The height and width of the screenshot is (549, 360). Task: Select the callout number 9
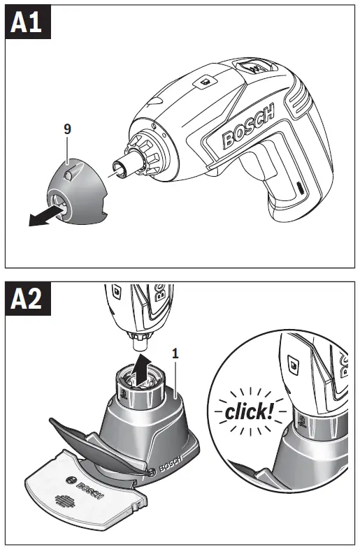[x=67, y=130]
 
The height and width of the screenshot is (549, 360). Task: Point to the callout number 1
[x=175, y=353]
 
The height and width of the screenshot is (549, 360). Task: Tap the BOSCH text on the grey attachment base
[x=171, y=461]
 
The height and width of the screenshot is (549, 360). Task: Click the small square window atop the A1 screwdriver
[x=205, y=82]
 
